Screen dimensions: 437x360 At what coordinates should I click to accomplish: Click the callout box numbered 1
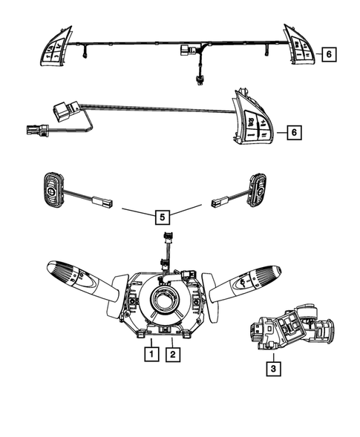(x=149, y=355)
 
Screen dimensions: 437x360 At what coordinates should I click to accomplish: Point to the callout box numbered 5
(x=161, y=217)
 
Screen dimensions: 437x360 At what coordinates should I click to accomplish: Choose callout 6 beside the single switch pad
(x=293, y=132)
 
